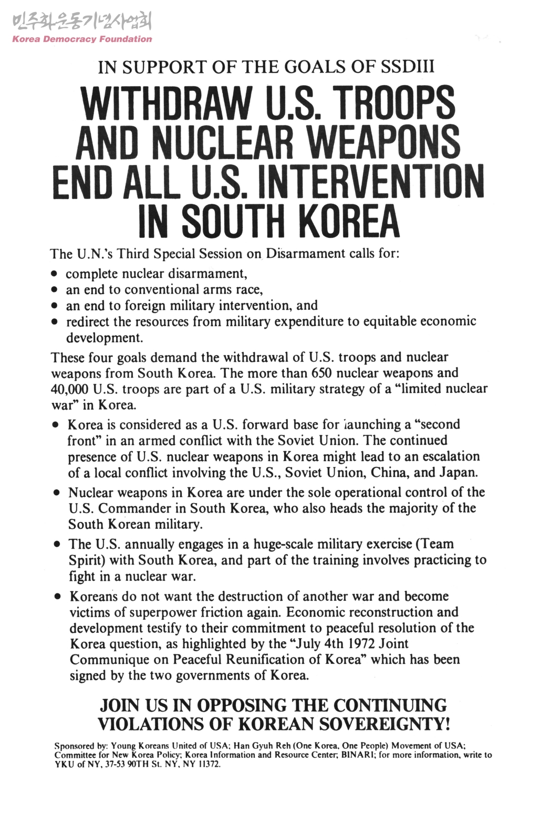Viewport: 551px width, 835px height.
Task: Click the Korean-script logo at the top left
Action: [81, 21]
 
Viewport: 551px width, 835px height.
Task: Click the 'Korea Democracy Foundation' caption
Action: [82, 39]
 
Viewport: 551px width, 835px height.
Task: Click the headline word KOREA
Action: [349, 223]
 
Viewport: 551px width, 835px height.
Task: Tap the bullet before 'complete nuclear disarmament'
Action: [54, 275]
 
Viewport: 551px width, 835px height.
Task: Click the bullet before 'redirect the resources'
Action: [54, 322]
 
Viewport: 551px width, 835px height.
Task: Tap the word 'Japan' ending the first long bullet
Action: [458, 472]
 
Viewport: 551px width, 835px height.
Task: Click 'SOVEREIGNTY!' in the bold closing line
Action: [384, 724]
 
